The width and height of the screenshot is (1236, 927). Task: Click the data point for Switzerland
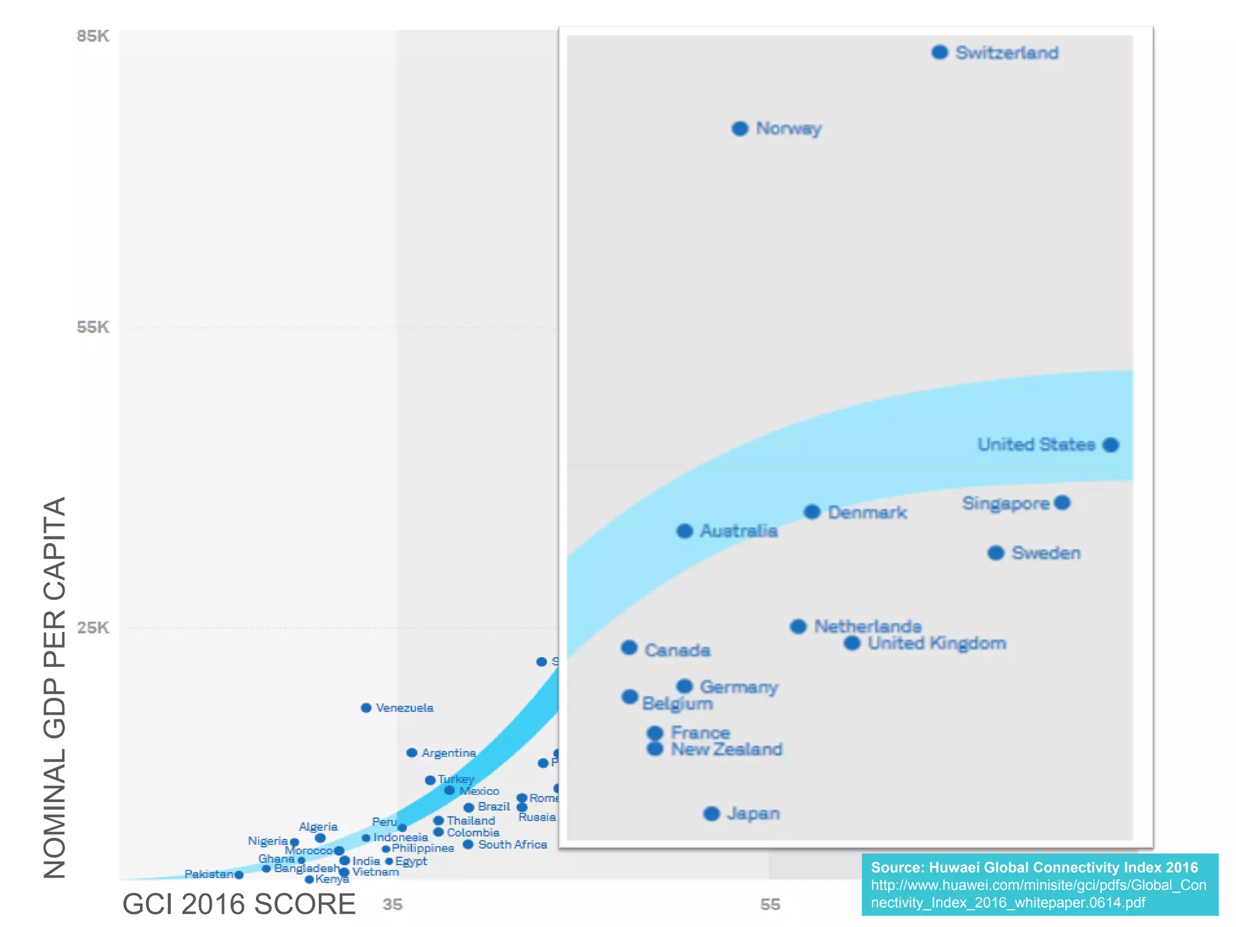point(939,53)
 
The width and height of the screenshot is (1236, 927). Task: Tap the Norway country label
point(788,129)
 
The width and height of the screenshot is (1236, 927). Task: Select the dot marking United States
point(1110,445)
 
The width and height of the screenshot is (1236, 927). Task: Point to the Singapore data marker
point(1062,503)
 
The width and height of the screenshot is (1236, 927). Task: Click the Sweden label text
point(1046,553)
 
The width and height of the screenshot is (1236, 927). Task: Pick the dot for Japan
point(712,814)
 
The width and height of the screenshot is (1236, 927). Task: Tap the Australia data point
point(684,531)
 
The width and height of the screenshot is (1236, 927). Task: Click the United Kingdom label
point(937,643)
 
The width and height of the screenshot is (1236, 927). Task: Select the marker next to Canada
point(629,648)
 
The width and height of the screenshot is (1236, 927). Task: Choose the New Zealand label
point(727,749)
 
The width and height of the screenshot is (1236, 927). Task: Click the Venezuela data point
point(366,707)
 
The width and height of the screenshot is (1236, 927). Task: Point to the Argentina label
point(448,753)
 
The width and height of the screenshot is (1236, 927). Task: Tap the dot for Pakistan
point(239,874)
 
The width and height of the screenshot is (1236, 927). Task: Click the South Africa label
point(512,844)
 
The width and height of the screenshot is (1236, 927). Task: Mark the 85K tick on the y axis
point(93,36)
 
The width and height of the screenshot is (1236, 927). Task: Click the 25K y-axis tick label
point(93,628)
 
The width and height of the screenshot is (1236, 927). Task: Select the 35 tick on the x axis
point(392,904)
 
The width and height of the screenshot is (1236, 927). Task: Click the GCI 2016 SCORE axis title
point(239,904)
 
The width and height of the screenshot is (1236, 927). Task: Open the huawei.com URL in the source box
point(1038,894)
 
